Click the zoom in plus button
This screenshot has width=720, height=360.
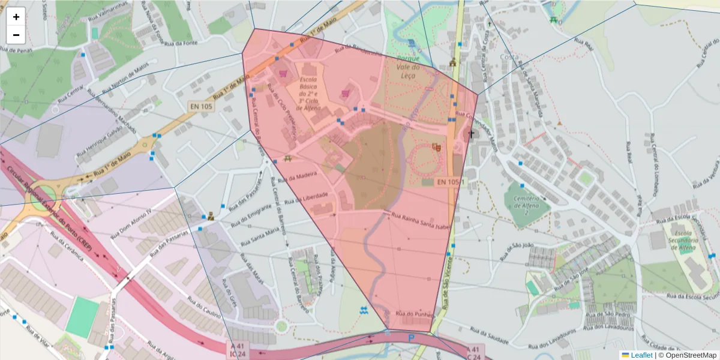(16, 17)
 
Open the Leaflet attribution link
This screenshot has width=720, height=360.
(641, 355)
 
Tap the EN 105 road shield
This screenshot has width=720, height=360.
(202, 106)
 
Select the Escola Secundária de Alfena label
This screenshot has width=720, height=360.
(686, 240)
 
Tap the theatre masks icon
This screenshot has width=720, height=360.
(437, 146)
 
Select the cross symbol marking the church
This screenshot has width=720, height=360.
(471, 134)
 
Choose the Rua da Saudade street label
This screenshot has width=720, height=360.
(488, 335)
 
